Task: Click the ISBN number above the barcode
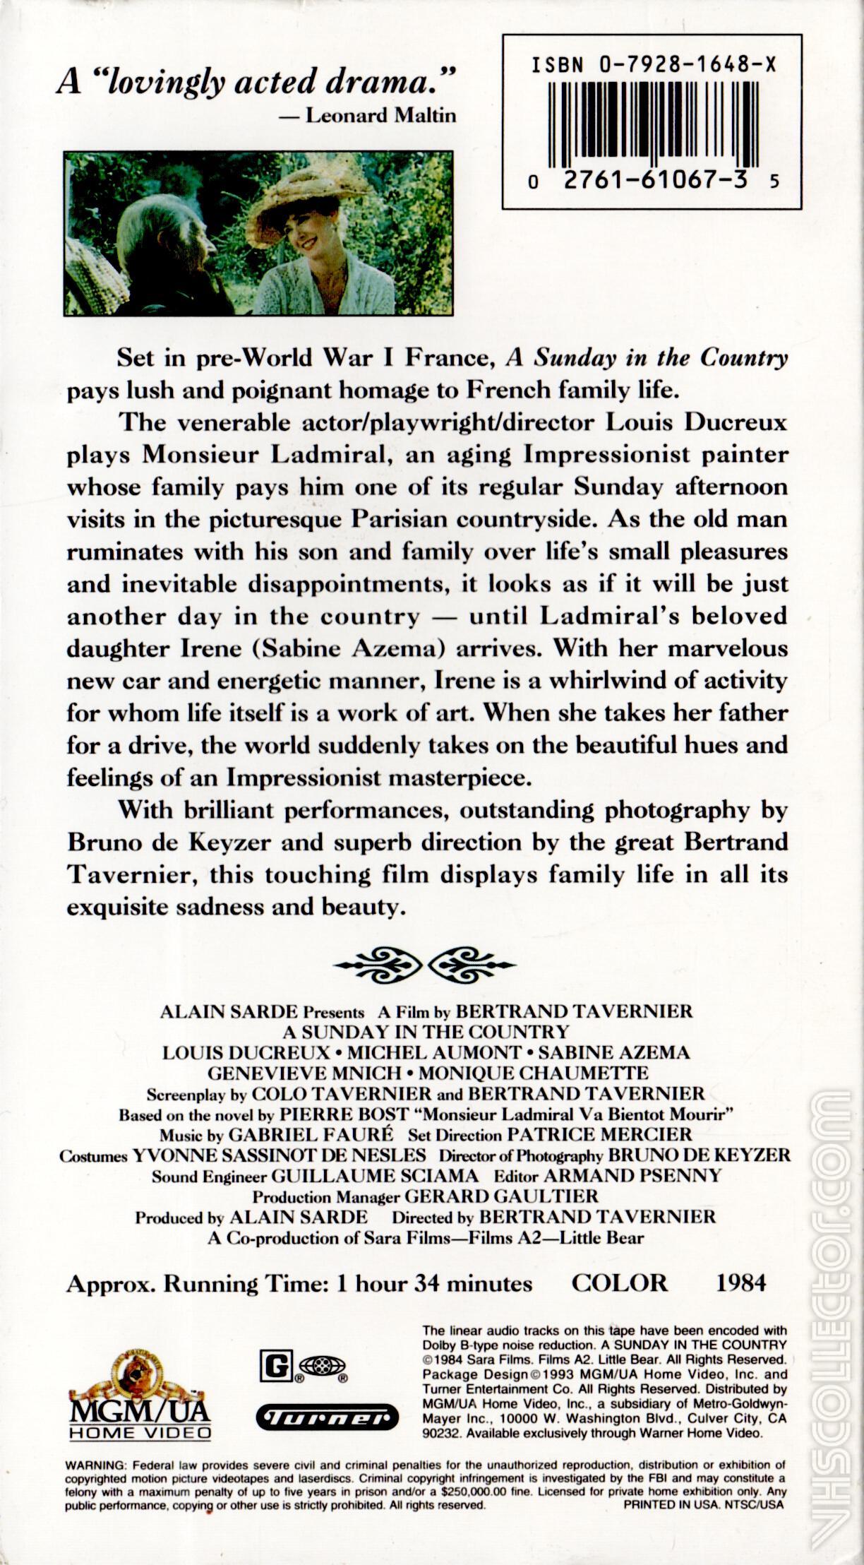[x=652, y=66]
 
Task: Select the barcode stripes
[x=652, y=120]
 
